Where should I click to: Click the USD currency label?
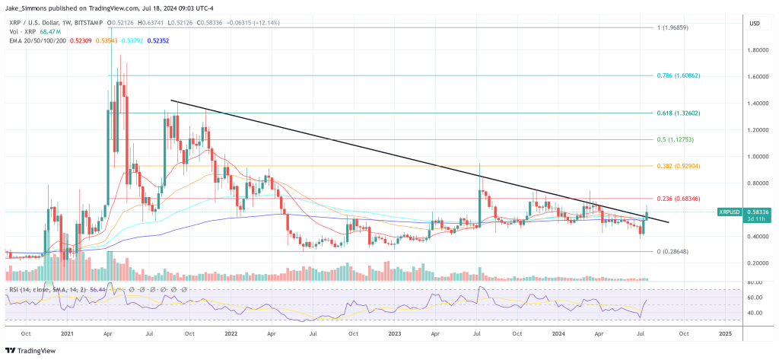pos(755,23)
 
